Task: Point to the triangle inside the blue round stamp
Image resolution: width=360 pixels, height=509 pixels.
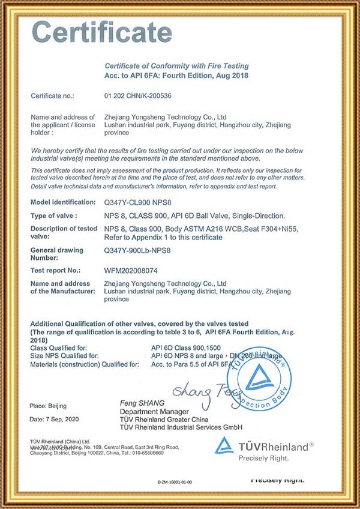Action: [x=260, y=376]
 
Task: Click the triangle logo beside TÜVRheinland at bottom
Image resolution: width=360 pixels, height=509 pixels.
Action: [x=224, y=446]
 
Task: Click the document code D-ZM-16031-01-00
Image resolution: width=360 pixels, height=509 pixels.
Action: [x=179, y=481]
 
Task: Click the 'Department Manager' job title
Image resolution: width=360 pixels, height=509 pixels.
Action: [x=154, y=411]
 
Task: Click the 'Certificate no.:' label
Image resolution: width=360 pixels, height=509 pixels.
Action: [x=52, y=95]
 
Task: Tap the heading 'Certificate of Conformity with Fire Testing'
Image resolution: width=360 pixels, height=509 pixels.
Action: [x=176, y=66]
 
